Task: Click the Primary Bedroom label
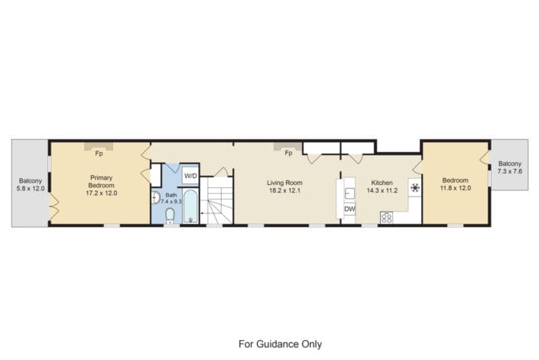coord(102,181)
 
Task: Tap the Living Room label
coord(284,183)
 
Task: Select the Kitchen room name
coord(382,183)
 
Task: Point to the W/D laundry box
coord(190,176)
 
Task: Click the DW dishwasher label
coord(349,209)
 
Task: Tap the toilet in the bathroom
coord(170,216)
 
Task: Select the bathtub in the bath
coord(190,206)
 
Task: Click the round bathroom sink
coord(156,198)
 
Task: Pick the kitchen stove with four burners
coord(386,218)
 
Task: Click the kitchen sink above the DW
coord(349,193)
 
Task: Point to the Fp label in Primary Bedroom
coord(99,154)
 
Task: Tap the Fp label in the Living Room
coord(288,153)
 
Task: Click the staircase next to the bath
coord(216,200)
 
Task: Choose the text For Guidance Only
coord(280,344)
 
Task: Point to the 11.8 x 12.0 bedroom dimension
coord(456,188)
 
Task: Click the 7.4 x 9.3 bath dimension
coord(171,201)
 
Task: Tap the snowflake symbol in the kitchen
coord(415,187)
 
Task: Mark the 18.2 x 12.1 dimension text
coord(284,190)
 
